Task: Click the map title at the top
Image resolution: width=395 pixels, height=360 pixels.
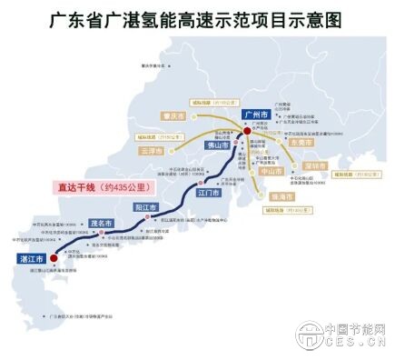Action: click(x=196, y=17)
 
